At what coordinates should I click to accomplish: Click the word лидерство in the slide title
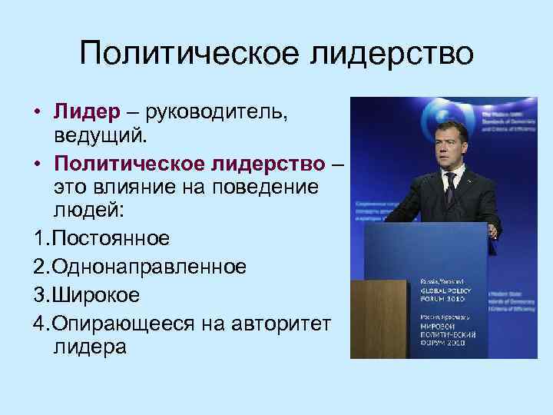tap(391, 55)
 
